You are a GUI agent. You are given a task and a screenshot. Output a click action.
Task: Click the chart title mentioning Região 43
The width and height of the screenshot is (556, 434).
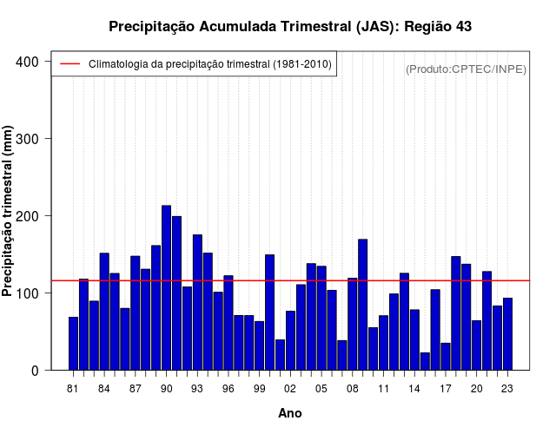click(x=290, y=27)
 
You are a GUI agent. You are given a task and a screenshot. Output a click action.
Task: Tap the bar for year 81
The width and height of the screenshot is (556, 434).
click(x=73, y=344)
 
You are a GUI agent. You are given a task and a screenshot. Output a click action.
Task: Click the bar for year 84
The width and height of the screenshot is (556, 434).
click(x=104, y=312)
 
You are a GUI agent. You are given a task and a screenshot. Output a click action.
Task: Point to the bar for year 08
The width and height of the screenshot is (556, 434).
click(x=352, y=324)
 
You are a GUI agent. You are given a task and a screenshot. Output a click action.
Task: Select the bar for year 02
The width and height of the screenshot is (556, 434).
click(x=290, y=340)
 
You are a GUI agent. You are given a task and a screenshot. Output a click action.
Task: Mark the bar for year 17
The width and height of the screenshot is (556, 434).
click(x=445, y=357)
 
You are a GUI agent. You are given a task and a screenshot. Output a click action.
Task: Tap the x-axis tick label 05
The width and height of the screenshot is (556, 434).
click(x=321, y=389)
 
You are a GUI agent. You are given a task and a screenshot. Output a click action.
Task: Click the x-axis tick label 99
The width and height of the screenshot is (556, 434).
click(x=259, y=389)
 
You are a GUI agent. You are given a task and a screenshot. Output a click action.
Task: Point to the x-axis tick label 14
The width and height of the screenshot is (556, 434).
click(x=414, y=389)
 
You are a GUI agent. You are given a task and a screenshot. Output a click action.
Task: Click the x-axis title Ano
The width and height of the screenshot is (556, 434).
click(x=290, y=413)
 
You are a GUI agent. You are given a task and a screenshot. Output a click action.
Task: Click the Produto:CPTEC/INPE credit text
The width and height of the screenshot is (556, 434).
click(x=467, y=69)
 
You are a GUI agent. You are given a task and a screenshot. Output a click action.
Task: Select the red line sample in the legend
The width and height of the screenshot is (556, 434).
click(x=69, y=64)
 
